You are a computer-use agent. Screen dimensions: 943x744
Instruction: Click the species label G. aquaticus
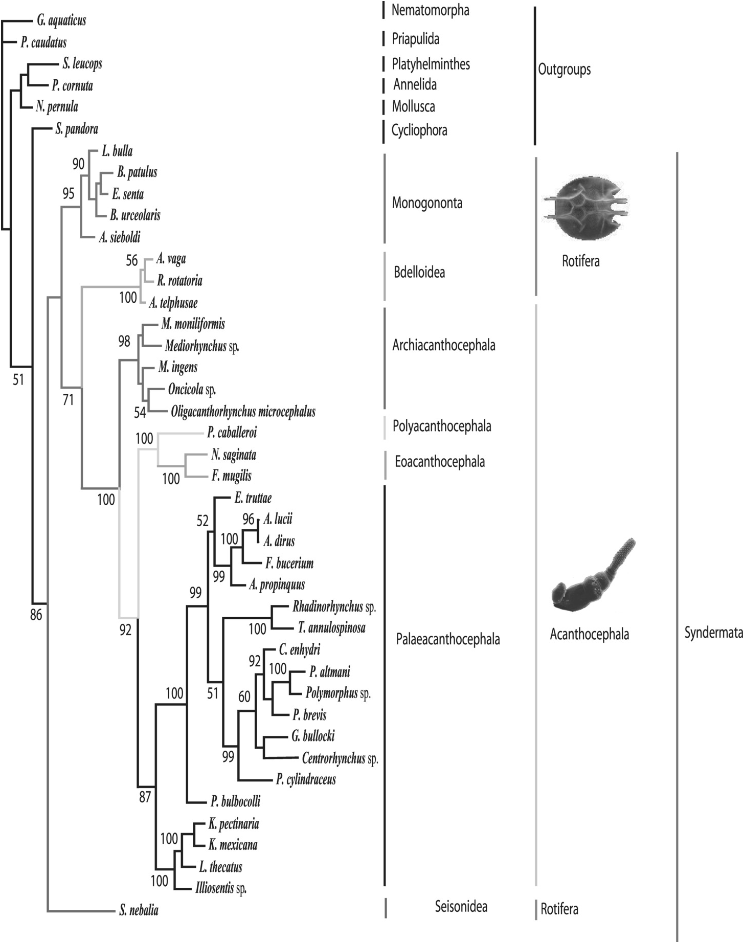point(61,20)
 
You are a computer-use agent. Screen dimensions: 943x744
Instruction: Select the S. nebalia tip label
point(138,910)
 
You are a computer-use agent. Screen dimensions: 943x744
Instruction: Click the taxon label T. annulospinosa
point(331,627)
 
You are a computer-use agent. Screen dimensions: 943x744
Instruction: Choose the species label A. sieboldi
point(120,237)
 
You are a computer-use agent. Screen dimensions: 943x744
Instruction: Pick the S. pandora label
point(76,129)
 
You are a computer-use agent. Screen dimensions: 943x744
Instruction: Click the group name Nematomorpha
point(430,10)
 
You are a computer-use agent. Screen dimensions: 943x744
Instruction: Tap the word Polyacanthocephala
point(442,426)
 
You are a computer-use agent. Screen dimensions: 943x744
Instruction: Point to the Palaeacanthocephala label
point(448,639)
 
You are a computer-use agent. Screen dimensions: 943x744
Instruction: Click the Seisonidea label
point(461,907)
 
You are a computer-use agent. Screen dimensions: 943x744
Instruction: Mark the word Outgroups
point(564,70)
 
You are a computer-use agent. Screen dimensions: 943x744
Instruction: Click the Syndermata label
point(713,633)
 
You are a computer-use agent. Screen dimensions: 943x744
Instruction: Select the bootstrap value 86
point(35,615)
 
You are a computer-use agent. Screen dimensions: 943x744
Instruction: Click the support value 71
point(68,399)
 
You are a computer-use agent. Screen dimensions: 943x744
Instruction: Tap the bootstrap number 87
point(145,797)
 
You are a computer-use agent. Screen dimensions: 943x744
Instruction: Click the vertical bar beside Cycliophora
point(384,131)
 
